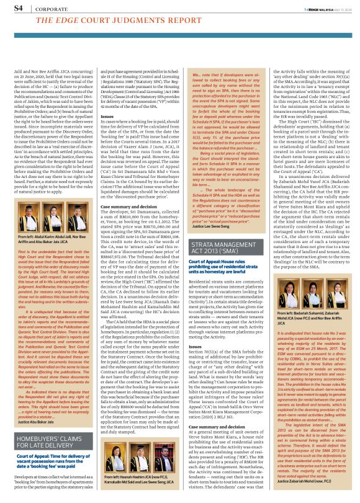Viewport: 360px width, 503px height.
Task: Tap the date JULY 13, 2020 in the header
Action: [335, 9]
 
